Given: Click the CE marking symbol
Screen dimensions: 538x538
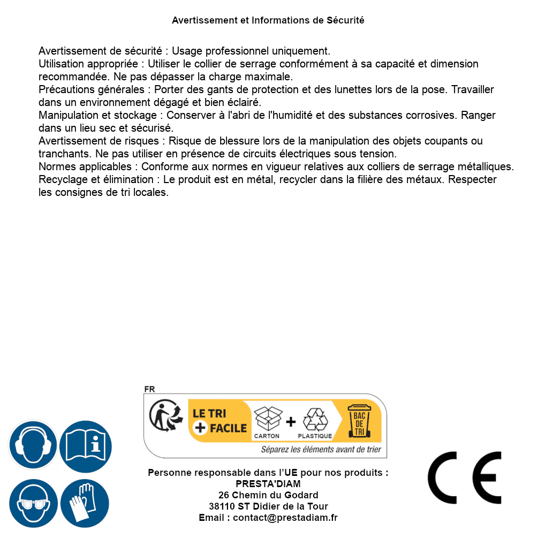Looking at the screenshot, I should (464, 478).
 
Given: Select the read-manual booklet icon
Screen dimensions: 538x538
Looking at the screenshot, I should (86, 445).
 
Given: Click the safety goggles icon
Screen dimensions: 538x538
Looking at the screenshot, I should (33, 503).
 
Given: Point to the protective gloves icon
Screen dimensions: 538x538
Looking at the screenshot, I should (85, 503).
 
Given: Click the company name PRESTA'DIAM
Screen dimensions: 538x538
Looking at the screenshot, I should (268, 484).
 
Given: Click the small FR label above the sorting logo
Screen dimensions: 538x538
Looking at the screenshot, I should (149, 389).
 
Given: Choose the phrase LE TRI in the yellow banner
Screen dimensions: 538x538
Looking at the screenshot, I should (210, 414).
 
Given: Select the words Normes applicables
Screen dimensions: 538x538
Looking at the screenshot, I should (85, 166).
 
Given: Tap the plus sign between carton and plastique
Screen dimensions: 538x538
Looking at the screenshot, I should (291, 422).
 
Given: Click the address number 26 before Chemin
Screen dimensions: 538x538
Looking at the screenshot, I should (224, 495).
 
